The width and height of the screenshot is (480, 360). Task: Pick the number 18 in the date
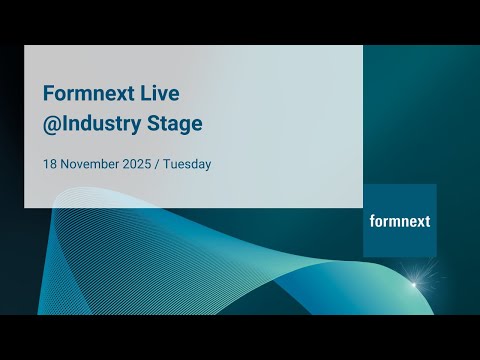pyautogui.click(x=49, y=163)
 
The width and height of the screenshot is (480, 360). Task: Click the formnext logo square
pyautogui.click(x=399, y=220)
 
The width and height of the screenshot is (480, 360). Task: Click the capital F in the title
pyautogui.click(x=48, y=93)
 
